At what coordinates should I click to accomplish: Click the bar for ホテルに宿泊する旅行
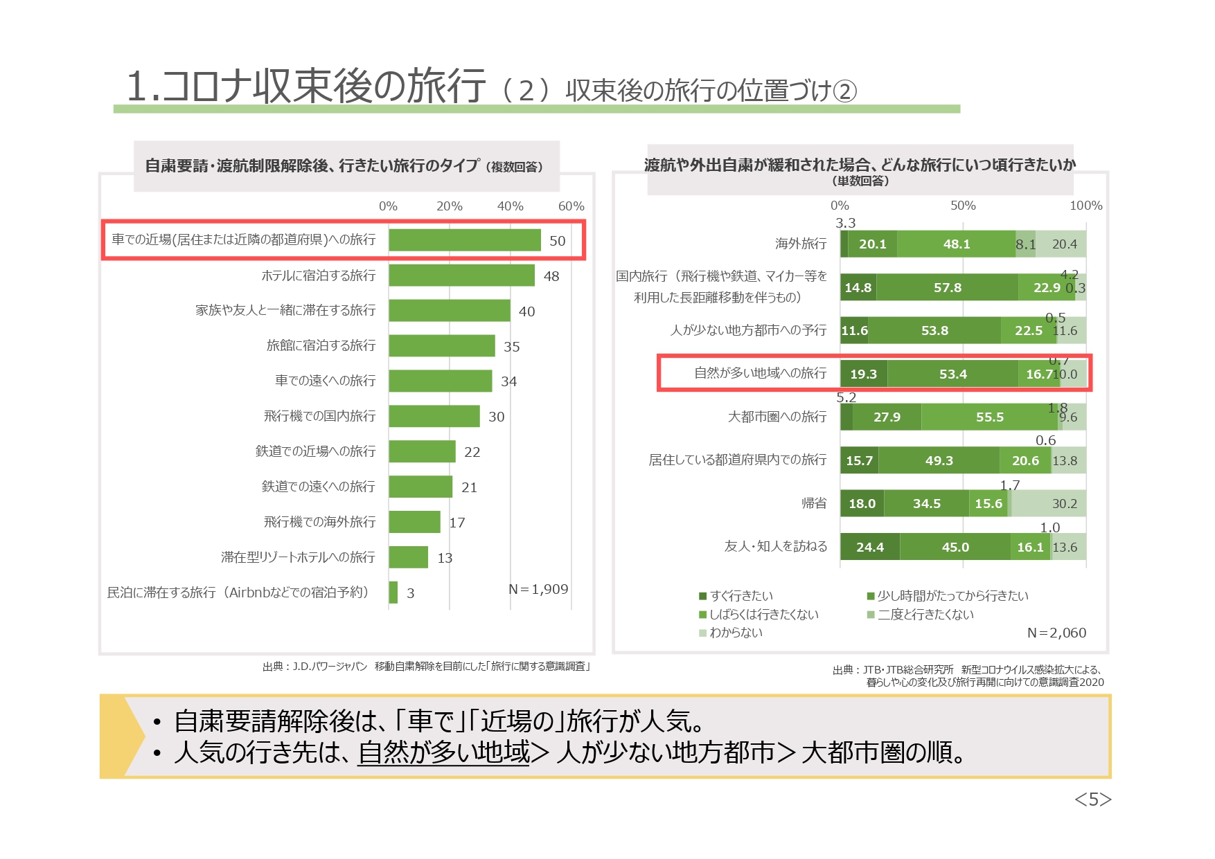pyautogui.click(x=461, y=275)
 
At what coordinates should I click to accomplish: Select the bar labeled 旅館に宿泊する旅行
pyautogui.click(x=442, y=345)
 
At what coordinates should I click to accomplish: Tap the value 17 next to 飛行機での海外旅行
pyautogui.click(x=457, y=523)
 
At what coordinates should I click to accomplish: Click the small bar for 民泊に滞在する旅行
pyautogui.click(x=393, y=593)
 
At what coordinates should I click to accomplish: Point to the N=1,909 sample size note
pyautogui.click(x=538, y=589)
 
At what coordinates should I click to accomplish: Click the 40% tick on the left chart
pyautogui.click(x=510, y=206)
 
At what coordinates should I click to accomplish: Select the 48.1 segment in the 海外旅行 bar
pyautogui.click(x=956, y=244)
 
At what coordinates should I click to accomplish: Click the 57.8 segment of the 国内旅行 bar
pyautogui.click(x=947, y=287)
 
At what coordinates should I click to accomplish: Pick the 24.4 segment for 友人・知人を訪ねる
pyautogui.click(x=870, y=547)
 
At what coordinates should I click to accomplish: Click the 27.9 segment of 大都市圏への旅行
pyautogui.click(x=887, y=417)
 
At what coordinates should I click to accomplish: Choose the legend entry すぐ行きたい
pyautogui.click(x=736, y=596)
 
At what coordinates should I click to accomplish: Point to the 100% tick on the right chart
pyautogui.click(x=1085, y=206)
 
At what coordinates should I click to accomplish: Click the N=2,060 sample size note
pyautogui.click(x=1056, y=633)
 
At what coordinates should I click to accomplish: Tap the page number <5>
pyautogui.click(x=1092, y=799)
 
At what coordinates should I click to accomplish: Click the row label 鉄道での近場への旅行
pyautogui.click(x=315, y=451)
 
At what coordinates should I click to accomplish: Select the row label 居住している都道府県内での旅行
pyautogui.click(x=737, y=460)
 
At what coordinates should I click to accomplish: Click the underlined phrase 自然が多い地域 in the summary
pyautogui.click(x=444, y=752)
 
